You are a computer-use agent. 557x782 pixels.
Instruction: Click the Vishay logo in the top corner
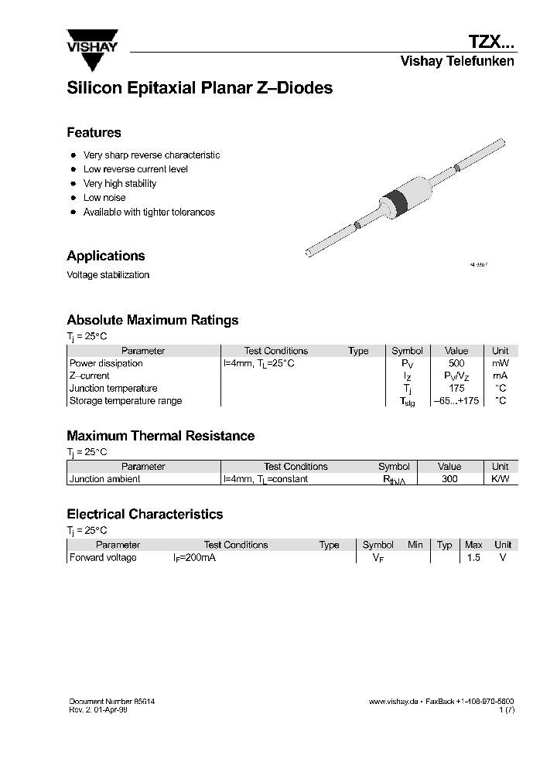click(91, 42)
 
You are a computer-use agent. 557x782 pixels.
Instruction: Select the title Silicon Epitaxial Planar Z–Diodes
click(200, 88)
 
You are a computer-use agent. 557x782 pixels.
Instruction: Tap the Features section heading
click(94, 132)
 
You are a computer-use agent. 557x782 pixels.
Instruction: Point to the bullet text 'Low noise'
click(104, 198)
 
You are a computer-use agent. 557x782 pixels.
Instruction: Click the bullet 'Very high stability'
click(120, 184)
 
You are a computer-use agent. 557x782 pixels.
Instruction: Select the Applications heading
click(106, 256)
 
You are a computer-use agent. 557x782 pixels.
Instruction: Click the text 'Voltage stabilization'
click(108, 275)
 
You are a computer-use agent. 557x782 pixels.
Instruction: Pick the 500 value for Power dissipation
click(456, 363)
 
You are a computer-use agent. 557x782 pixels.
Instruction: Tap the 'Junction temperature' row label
click(113, 389)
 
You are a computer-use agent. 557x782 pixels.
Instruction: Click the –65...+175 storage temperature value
click(456, 401)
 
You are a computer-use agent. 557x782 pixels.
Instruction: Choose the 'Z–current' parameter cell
click(90, 376)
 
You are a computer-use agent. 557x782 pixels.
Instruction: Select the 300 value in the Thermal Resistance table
click(449, 479)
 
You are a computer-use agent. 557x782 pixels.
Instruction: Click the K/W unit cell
click(500, 479)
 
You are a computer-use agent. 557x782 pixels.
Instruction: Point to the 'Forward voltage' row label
click(103, 558)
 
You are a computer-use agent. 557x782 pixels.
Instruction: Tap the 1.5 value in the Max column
click(473, 558)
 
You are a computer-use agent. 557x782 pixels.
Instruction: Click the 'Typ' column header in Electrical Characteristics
click(444, 545)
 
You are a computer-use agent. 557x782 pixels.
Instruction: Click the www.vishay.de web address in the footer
click(394, 702)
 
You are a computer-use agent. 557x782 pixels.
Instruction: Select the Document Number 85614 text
click(117, 702)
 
